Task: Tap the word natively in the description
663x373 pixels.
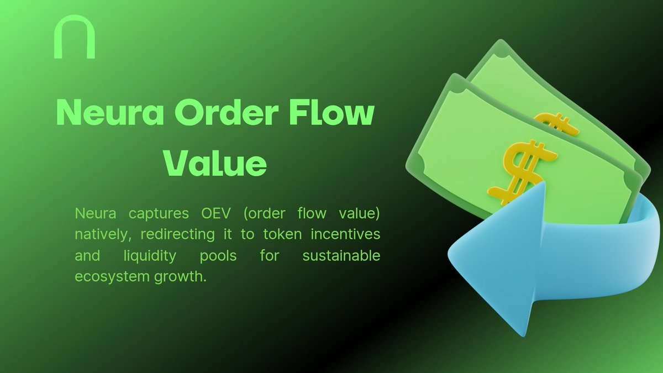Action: click(x=102, y=234)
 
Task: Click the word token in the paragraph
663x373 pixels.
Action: click(x=281, y=234)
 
